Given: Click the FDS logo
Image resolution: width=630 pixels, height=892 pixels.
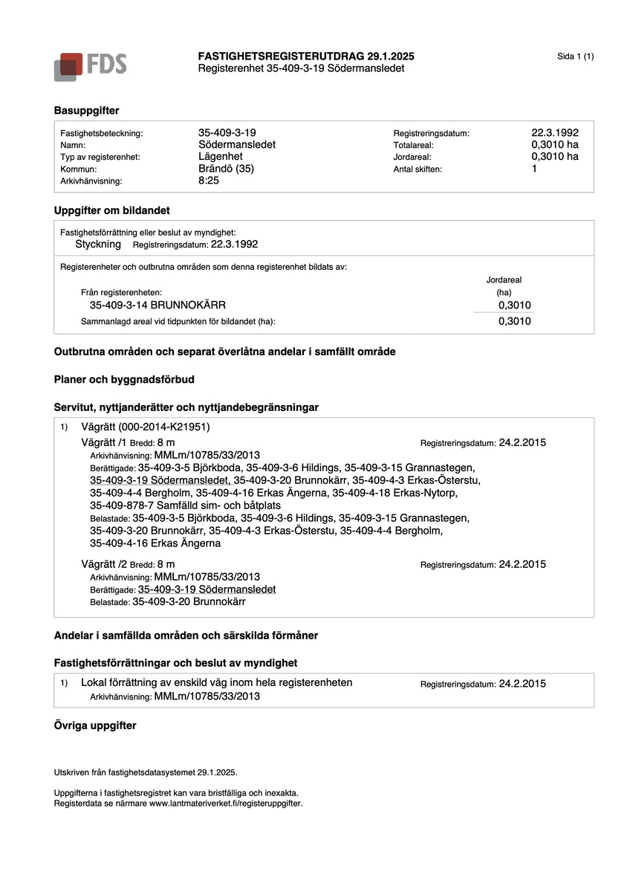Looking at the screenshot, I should [x=90, y=66].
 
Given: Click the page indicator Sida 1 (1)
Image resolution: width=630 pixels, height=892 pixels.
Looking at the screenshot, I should [x=575, y=56].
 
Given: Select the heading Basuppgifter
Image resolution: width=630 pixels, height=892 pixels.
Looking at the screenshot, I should [x=86, y=110].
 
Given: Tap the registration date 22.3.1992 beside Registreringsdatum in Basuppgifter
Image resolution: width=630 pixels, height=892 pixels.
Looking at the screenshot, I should [x=550, y=132].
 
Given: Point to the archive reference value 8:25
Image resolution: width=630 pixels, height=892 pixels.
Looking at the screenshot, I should [x=209, y=180].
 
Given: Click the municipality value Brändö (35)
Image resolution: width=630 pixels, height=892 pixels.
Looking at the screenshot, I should [x=226, y=168].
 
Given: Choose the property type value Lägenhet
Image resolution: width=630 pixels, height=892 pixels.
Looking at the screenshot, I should [x=221, y=156].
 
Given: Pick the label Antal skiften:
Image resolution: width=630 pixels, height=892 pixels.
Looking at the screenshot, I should [x=418, y=169].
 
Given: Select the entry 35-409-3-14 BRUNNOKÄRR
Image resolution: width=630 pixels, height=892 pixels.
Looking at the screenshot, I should [x=157, y=305].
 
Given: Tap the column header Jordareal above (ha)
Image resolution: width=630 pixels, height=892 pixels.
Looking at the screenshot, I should [x=504, y=280].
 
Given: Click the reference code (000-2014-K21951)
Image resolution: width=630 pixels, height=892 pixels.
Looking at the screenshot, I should [x=163, y=427].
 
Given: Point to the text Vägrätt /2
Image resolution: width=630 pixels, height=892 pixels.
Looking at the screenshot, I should [x=103, y=564].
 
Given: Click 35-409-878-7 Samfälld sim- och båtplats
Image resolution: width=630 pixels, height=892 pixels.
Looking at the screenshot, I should [x=185, y=505].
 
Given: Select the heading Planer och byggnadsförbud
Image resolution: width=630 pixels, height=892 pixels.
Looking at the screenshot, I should [x=124, y=379].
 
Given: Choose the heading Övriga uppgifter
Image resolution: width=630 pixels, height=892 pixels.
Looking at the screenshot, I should [x=95, y=725].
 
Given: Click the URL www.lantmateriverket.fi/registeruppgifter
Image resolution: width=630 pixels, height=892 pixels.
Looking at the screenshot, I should [x=226, y=803].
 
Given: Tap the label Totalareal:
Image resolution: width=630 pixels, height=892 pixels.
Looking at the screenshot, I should [x=413, y=145].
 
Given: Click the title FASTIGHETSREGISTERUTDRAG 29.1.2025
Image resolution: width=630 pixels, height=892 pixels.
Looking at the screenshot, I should [x=306, y=56].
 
